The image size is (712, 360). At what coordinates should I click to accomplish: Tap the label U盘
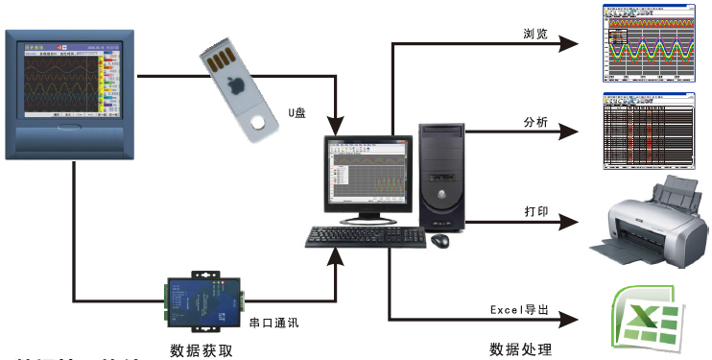coord(297,112)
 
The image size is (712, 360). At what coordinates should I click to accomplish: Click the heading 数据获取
coord(201,348)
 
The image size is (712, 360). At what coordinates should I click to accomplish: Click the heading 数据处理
coord(520,348)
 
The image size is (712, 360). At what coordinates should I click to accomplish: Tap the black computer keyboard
coord(366,236)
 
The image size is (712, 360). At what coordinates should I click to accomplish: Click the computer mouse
coord(440,240)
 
